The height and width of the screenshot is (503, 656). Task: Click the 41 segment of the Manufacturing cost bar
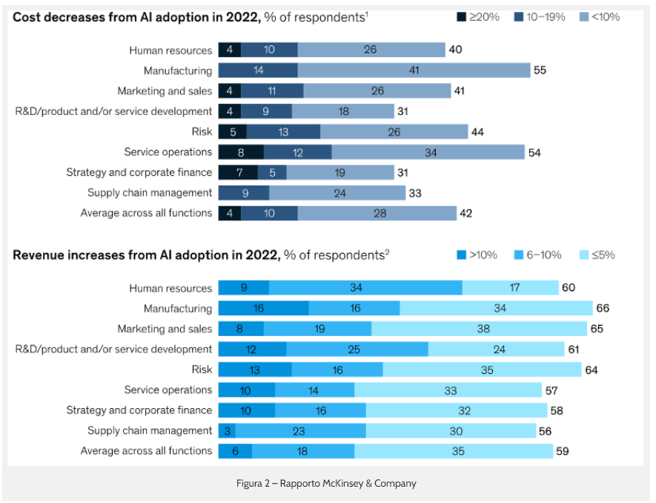414,70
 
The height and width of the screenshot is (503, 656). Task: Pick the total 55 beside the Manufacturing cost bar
541,70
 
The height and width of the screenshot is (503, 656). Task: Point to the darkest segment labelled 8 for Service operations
241,152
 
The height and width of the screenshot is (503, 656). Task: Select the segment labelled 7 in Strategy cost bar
238,172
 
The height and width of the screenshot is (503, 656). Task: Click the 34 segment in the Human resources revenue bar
365,288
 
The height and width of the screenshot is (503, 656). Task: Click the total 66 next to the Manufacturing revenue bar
603,309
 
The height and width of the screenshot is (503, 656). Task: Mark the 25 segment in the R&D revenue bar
357,349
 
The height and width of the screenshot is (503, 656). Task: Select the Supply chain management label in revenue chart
150,430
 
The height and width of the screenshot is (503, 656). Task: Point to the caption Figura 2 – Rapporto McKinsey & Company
326,484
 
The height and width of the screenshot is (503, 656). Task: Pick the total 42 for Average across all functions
466,213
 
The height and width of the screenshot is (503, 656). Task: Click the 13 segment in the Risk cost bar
283,131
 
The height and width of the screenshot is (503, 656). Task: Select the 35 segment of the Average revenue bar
454,450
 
